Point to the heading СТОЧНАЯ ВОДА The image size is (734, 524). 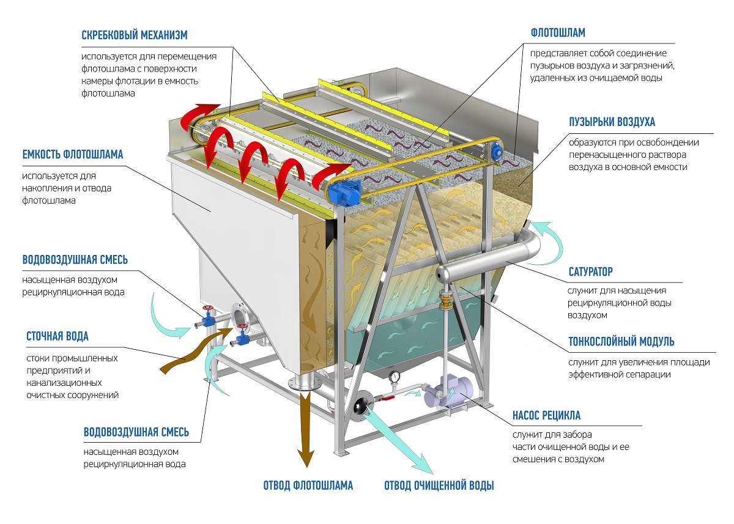tap(57, 336)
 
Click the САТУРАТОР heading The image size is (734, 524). tap(590, 271)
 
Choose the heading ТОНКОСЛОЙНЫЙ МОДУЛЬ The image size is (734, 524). tap(621, 342)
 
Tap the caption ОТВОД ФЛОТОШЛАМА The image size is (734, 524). tap(308, 486)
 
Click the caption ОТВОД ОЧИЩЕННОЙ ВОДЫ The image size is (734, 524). tap(439, 486)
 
